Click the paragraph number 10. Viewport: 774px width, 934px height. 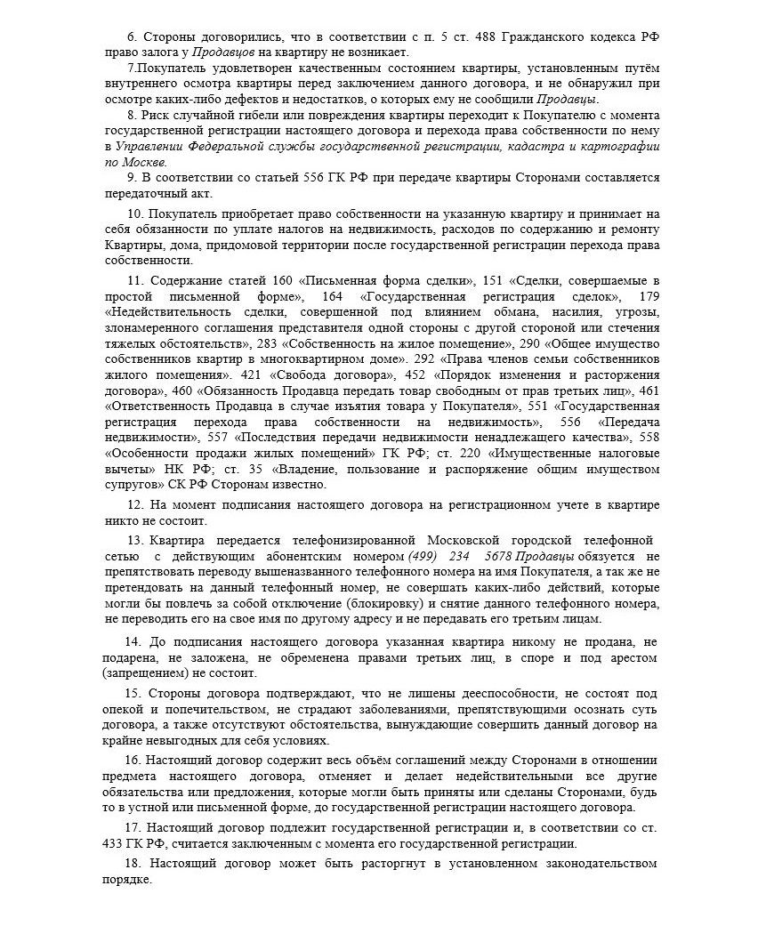pyautogui.click(x=135, y=215)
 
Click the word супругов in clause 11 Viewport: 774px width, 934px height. pyautogui.click(x=134, y=484)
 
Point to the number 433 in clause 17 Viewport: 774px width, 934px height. pyautogui.click(x=117, y=843)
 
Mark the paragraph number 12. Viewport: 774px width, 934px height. pyautogui.click(x=135, y=505)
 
